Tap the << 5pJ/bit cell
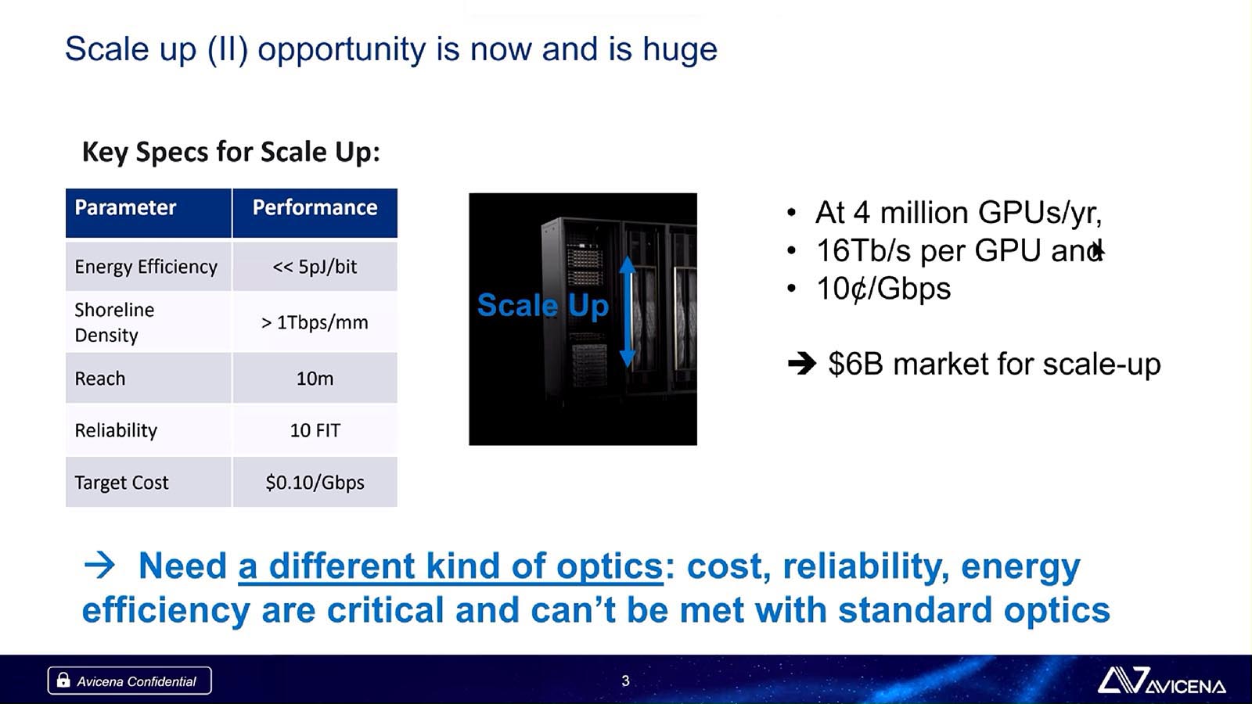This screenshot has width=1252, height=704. click(x=315, y=267)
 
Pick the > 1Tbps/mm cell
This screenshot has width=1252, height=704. click(x=315, y=322)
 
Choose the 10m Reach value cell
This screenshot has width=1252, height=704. click(x=315, y=379)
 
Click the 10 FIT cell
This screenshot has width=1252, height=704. click(x=315, y=430)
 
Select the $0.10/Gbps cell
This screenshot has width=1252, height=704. click(x=315, y=482)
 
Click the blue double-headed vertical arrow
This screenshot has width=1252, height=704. click(x=628, y=312)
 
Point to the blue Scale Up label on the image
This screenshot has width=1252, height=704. click(x=543, y=306)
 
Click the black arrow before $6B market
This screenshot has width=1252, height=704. click(x=802, y=365)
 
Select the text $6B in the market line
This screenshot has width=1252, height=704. click(x=856, y=364)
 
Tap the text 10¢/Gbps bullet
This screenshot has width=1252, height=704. click(x=883, y=289)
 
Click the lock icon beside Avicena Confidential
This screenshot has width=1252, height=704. click(x=63, y=680)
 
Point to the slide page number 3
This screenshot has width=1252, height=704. click(x=625, y=681)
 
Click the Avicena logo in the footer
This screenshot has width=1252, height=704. click(x=1161, y=681)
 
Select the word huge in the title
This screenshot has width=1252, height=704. click(x=680, y=49)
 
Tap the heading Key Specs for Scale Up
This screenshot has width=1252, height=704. click(x=231, y=152)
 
